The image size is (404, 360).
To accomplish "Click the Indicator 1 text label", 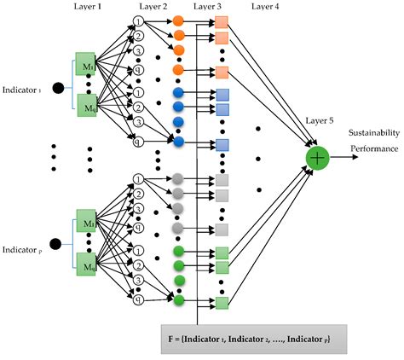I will click(26, 88).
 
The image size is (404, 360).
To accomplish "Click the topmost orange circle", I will click(178, 20).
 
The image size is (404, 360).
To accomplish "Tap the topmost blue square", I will click(222, 94).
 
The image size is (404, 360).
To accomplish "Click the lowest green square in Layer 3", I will click(222, 302).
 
